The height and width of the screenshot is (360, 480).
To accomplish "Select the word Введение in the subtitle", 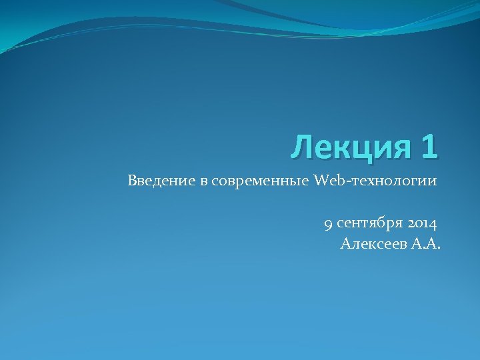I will click(x=160, y=181).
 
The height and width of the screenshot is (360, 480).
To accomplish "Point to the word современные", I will click(x=260, y=181).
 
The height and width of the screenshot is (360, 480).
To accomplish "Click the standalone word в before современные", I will click(x=205, y=181).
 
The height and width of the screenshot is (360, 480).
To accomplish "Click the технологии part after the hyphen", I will click(x=395, y=181).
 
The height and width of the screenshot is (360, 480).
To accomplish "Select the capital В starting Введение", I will click(x=133, y=181).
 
